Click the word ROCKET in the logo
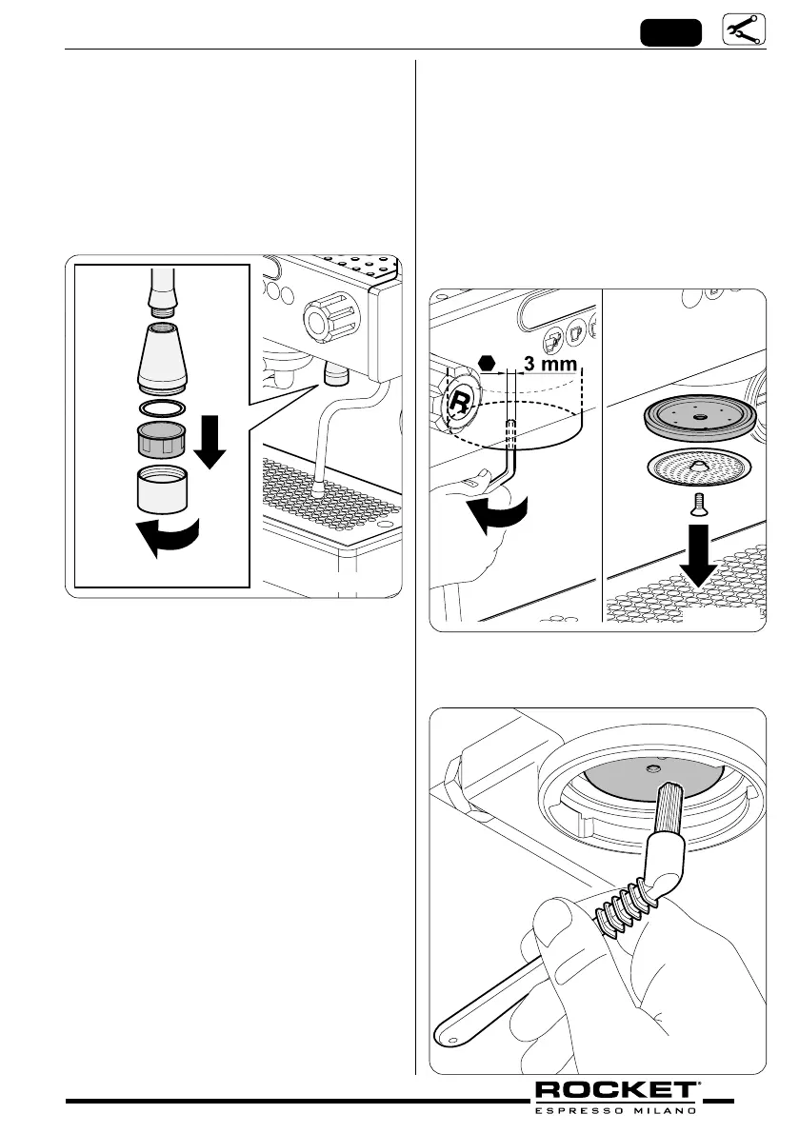[615, 1090]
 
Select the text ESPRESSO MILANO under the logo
[615, 1109]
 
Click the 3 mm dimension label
[549, 363]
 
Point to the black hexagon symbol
[487, 362]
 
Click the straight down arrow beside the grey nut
[210, 448]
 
